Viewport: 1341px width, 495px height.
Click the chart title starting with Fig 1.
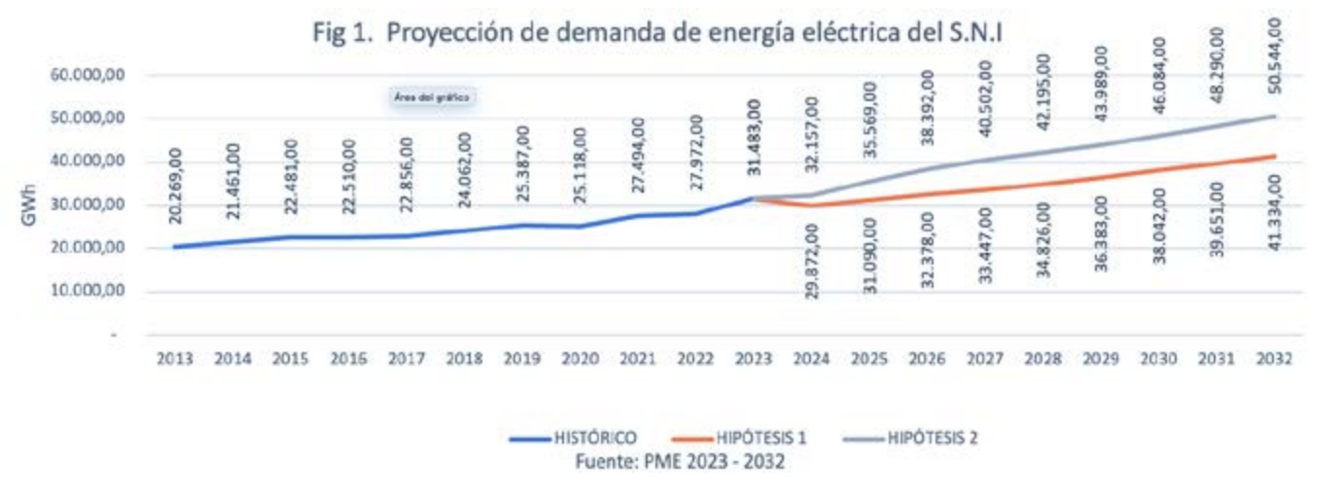[657, 33]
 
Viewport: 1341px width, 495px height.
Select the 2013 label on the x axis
[175, 358]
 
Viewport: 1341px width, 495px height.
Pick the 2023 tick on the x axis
[753, 358]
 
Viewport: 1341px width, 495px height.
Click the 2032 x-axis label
[1273, 358]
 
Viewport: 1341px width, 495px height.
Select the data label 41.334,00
[1274, 213]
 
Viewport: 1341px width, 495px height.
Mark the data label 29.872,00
[812, 261]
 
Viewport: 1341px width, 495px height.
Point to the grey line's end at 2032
[1274, 116]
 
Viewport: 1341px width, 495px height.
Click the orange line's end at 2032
[1274, 156]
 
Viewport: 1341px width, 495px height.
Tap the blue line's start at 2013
[175, 247]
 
